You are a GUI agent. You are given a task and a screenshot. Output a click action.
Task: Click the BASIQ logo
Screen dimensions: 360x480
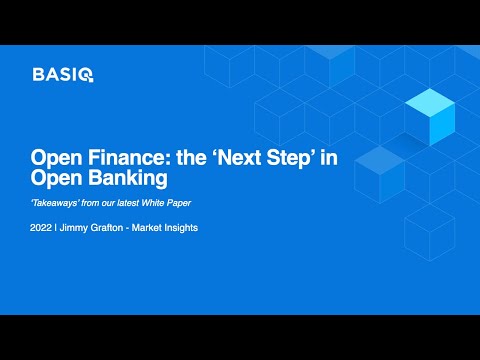click(x=63, y=73)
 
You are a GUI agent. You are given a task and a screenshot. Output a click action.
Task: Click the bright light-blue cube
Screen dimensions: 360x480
click(x=430, y=112)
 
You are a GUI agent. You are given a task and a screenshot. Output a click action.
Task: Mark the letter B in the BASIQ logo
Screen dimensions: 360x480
click(x=38, y=73)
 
